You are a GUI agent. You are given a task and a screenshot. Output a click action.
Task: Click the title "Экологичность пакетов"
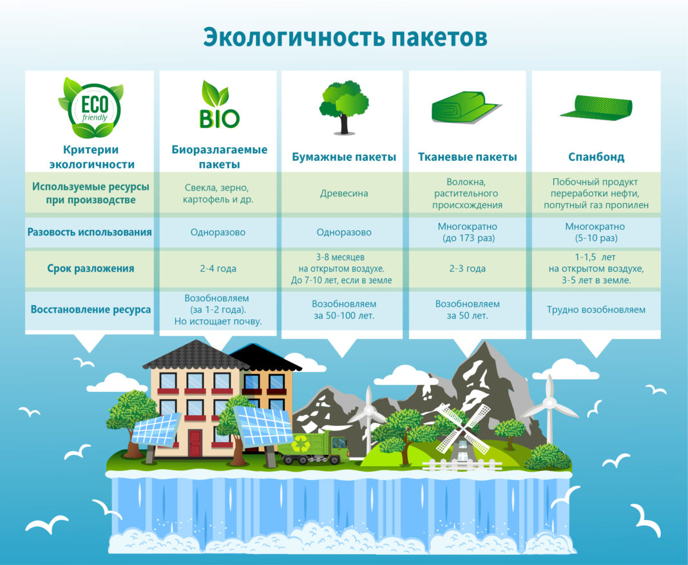pyautogui.click(x=345, y=38)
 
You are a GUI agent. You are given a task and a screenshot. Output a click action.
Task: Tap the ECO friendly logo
pyautogui.click(x=91, y=108)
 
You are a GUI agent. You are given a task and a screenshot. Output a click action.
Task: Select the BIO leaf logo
pyautogui.click(x=219, y=104)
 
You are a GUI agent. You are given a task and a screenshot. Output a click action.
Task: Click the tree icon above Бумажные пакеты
pyautogui.click(x=344, y=107)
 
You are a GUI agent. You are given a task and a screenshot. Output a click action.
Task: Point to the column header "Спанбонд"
pyautogui.click(x=596, y=157)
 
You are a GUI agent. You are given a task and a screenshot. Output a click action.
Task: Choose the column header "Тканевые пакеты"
pyautogui.click(x=467, y=157)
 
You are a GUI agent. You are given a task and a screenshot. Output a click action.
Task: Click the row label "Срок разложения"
pyautogui.click(x=91, y=269)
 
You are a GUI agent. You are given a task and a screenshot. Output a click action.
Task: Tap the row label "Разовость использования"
pyautogui.click(x=90, y=232)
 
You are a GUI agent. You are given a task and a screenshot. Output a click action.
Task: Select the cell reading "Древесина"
pyautogui.click(x=344, y=193)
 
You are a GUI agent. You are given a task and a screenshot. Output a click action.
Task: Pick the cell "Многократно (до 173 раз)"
pyautogui.click(x=468, y=232)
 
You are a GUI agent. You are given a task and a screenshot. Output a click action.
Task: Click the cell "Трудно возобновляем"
pyautogui.click(x=596, y=310)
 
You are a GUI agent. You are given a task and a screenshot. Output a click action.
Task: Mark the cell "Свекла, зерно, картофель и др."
pyautogui.click(x=218, y=193)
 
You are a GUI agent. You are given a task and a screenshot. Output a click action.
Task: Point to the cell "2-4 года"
pyautogui.click(x=218, y=269)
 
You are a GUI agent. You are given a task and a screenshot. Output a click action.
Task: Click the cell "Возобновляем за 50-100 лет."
pyautogui.click(x=344, y=310)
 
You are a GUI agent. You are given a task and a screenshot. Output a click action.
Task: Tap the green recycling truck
pyautogui.click(x=313, y=447)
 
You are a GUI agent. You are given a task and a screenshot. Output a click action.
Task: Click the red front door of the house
pyautogui.click(x=195, y=443)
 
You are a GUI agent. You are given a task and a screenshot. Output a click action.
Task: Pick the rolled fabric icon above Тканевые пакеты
pyautogui.click(x=466, y=108)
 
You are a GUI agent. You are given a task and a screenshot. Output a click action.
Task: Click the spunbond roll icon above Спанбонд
pyautogui.click(x=597, y=107)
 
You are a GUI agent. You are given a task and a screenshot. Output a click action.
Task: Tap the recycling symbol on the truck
pyautogui.click(x=301, y=443)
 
